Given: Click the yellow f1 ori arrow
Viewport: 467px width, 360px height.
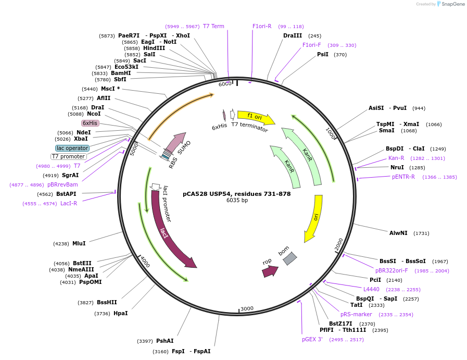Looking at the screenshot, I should (255, 117).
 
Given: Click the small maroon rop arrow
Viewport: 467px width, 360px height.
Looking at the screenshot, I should (270, 271).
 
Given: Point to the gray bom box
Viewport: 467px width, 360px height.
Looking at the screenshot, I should (289, 258).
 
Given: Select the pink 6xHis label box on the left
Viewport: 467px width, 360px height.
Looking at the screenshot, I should (90, 123).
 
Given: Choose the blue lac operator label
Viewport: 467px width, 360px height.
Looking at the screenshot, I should (72, 148).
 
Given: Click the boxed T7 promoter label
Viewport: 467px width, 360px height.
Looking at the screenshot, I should (68, 156).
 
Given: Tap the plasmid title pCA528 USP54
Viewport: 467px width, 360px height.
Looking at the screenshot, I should (236, 194).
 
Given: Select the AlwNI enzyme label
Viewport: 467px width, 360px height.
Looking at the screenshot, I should (398, 233).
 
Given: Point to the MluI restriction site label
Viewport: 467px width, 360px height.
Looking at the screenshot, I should (79, 243).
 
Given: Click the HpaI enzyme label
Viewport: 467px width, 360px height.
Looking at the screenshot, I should (120, 313).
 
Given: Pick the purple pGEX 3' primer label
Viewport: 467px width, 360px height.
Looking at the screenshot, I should (312, 339).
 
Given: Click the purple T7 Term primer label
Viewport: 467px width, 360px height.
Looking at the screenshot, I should (213, 26).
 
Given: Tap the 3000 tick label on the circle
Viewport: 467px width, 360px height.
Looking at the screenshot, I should (247, 308).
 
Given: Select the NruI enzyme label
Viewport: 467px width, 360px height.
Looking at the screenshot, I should (397, 167).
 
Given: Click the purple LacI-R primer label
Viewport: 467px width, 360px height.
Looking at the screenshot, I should (69, 203).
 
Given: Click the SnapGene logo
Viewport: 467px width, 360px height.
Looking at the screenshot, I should (450, 4).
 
